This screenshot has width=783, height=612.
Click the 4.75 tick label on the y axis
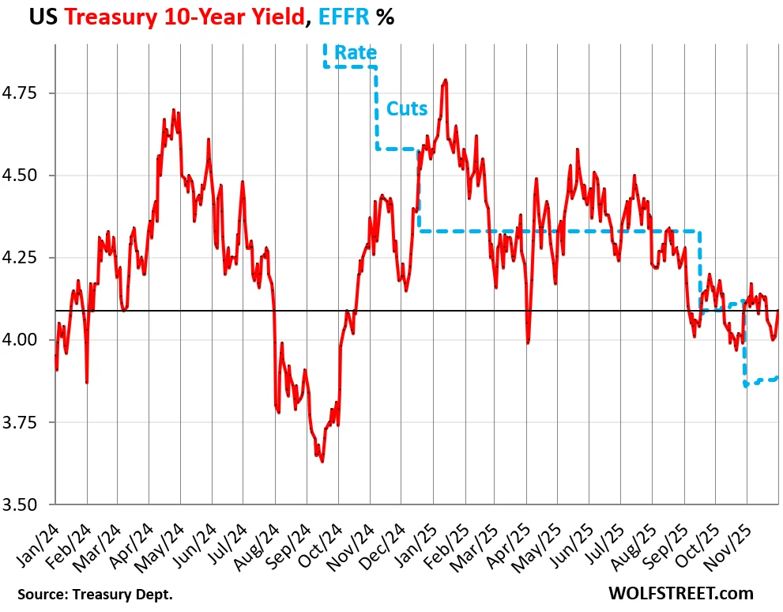26,93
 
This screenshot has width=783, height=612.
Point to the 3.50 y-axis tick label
26,504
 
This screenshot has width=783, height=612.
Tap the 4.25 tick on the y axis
26,258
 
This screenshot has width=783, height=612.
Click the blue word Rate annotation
355,53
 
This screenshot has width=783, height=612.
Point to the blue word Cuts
406,108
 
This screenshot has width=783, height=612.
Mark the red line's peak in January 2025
446,80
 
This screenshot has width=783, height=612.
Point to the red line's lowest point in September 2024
322,461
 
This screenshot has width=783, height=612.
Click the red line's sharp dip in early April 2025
527,342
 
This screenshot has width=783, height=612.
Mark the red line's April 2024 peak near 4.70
173,111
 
